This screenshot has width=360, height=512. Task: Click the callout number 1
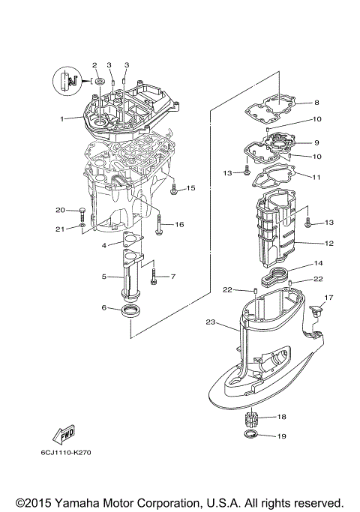tap(63, 118)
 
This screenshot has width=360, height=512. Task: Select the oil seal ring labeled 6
tap(130, 310)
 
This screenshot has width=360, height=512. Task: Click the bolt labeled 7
tap(154, 277)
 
